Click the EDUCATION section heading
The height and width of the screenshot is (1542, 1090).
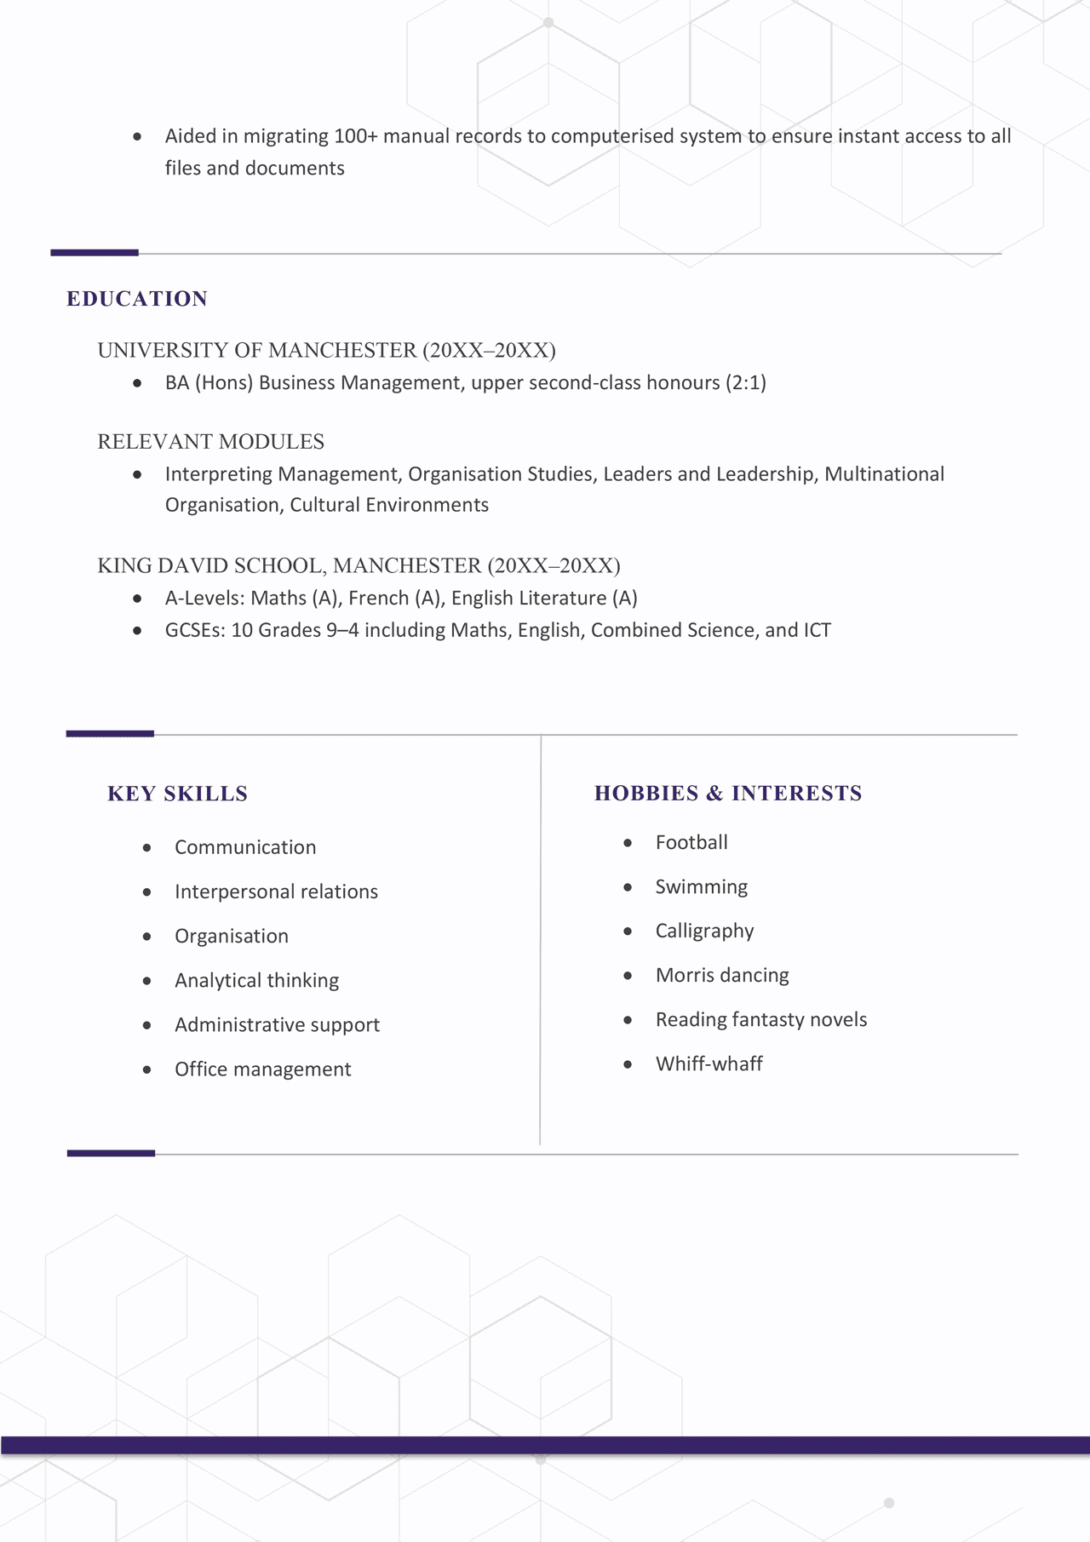coord(137,299)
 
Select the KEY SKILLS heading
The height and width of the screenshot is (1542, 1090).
coord(177,794)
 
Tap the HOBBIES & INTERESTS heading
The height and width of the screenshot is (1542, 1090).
coord(728,794)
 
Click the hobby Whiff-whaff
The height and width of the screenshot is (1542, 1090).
coord(708,1063)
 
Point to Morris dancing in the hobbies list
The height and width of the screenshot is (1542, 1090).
coord(722,975)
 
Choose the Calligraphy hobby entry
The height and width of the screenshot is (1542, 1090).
coord(704,931)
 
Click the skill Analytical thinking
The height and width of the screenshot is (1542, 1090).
coord(256,980)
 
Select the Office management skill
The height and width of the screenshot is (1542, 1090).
coord(262,1069)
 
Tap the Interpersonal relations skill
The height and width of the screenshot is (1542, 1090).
coord(276,891)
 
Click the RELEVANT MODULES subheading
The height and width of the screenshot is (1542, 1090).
coord(210,442)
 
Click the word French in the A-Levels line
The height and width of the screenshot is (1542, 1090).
coord(378,599)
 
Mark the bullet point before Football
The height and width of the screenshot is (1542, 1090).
coord(628,843)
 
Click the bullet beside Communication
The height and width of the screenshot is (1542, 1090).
coord(147,848)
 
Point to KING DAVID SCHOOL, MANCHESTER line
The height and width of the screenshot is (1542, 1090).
coord(359,566)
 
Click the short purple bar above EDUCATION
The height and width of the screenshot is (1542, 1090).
coord(95,253)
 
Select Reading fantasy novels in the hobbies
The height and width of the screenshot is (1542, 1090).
coord(760,1019)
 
